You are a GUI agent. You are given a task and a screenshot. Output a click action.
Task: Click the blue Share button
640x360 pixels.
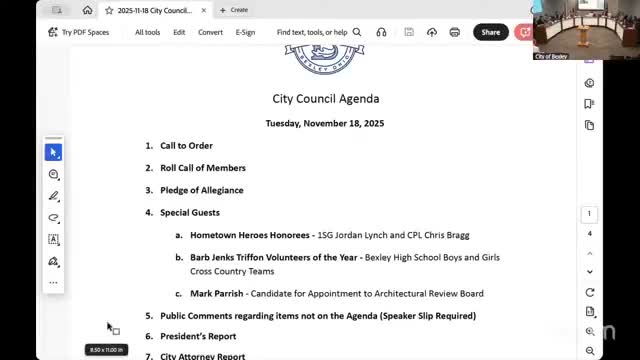(x=490, y=32)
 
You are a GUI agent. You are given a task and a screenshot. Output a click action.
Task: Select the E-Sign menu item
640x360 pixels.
(x=245, y=32)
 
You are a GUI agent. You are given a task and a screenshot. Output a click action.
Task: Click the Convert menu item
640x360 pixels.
(x=210, y=32)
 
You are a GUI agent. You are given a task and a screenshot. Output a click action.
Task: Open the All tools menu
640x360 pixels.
(x=147, y=32)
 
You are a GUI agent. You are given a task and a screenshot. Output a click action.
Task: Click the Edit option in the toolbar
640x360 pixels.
(x=179, y=32)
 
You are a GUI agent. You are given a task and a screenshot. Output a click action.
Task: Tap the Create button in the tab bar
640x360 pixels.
(x=235, y=10)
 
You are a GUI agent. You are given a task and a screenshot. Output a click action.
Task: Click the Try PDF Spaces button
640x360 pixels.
(x=78, y=32)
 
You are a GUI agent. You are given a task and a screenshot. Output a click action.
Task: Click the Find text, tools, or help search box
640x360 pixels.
(x=312, y=32)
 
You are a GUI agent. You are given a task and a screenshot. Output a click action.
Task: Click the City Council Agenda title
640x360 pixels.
(x=325, y=99)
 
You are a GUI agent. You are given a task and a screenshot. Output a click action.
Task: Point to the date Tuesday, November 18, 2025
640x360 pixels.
(x=325, y=123)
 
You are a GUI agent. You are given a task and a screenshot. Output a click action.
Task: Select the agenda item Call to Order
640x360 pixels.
(x=186, y=146)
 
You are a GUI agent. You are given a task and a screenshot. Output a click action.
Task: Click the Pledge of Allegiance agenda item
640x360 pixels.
(x=201, y=190)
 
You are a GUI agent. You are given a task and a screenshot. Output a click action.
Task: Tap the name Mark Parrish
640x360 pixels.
(x=215, y=293)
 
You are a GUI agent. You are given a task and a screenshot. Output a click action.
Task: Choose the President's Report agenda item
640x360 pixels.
(x=198, y=337)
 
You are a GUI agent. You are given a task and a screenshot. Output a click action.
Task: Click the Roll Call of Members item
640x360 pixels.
(x=202, y=168)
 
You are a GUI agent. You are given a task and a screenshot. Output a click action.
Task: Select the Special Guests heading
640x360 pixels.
(x=190, y=212)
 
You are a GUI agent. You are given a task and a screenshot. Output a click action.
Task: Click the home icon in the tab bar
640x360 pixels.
(x=88, y=10)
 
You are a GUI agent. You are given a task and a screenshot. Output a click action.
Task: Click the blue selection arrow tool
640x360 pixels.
(x=54, y=152)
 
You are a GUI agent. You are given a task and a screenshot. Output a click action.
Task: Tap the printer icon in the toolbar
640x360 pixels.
(x=455, y=32)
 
